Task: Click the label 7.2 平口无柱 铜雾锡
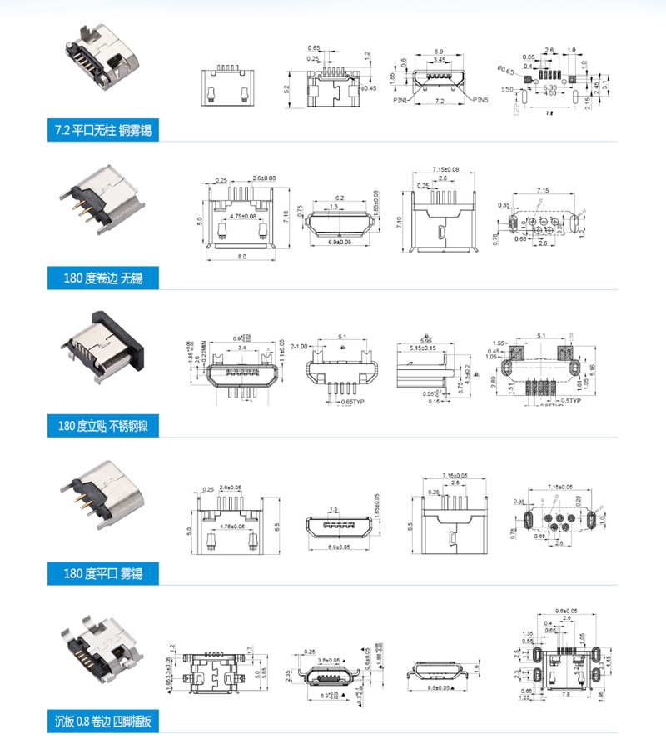point(103,130)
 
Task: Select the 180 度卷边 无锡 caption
point(103,277)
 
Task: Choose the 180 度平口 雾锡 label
point(103,573)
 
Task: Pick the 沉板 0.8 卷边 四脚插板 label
point(103,721)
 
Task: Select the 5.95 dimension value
point(426,341)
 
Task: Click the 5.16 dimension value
point(592,367)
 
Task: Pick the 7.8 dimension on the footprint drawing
point(565,693)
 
